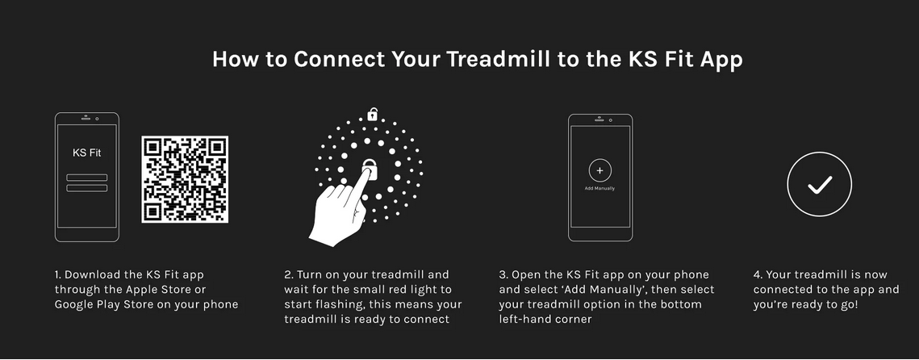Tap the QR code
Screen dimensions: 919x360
[185, 179]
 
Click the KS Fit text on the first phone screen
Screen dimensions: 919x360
[87, 153]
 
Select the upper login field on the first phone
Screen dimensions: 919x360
[87, 177]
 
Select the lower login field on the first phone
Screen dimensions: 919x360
[87, 187]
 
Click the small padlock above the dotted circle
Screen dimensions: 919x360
[372, 114]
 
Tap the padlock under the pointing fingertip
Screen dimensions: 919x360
[370, 169]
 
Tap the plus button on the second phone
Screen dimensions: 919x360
[599, 170]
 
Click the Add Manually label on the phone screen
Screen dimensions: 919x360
[599, 188]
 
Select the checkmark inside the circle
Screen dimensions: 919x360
[820, 185]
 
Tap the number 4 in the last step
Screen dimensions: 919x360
[757, 274]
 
